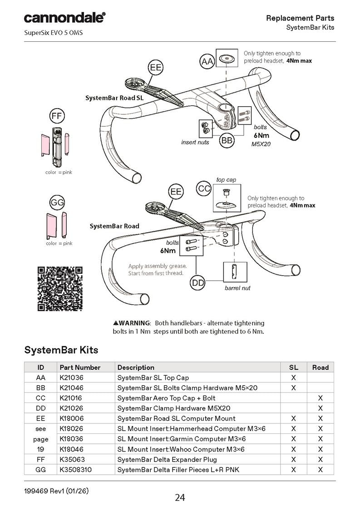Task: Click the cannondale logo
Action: tap(64, 18)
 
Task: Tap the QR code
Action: tap(59, 288)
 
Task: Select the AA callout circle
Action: tap(207, 61)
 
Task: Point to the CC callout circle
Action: tap(204, 189)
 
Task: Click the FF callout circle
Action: tap(56, 116)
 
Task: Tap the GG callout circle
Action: tap(56, 202)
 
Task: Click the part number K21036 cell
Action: tap(72, 377)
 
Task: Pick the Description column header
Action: tap(136, 367)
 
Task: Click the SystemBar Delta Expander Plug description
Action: tap(167, 459)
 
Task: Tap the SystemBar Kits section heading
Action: tap(61, 350)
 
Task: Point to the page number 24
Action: tap(180, 498)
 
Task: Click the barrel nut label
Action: tap(237, 288)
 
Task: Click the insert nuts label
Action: tap(195, 143)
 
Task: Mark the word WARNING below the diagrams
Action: tap(134, 323)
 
